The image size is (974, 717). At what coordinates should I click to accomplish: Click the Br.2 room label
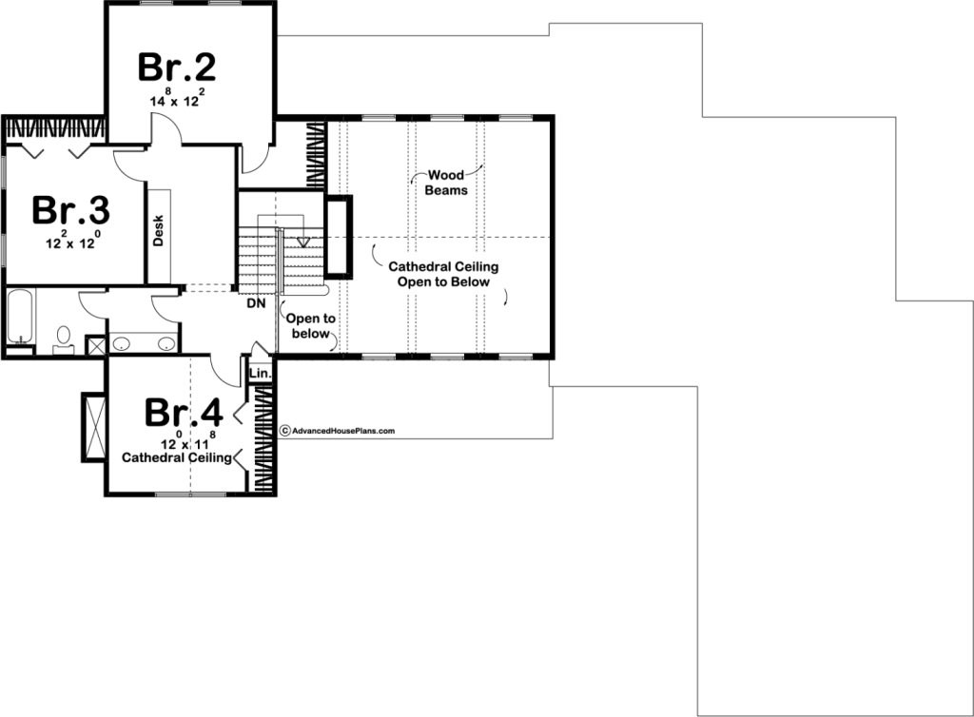[x=177, y=68]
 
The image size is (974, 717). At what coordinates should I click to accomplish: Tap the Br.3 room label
[x=71, y=210]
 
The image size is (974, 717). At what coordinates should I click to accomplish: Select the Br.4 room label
[x=184, y=412]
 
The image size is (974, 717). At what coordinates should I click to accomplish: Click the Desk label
[x=158, y=230]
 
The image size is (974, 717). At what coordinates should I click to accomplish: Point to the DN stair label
[x=256, y=303]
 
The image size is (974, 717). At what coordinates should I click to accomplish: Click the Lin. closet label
[x=261, y=373]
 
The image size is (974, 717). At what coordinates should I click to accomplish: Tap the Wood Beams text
[x=446, y=183]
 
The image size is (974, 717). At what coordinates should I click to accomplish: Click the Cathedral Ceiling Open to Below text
[x=443, y=274]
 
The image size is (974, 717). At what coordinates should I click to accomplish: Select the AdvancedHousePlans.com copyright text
[x=338, y=431]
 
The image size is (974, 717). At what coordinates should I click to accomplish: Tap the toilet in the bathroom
[x=64, y=339]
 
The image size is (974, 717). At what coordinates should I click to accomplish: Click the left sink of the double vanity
[x=121, y=343]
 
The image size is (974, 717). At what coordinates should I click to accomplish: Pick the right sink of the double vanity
[x=166, y=343]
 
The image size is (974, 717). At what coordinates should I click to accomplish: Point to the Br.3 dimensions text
[x=72, y=241]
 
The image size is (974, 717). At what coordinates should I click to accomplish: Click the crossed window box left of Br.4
[x=94, y=427]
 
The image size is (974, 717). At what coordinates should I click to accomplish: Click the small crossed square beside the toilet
[x=96, y=346]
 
